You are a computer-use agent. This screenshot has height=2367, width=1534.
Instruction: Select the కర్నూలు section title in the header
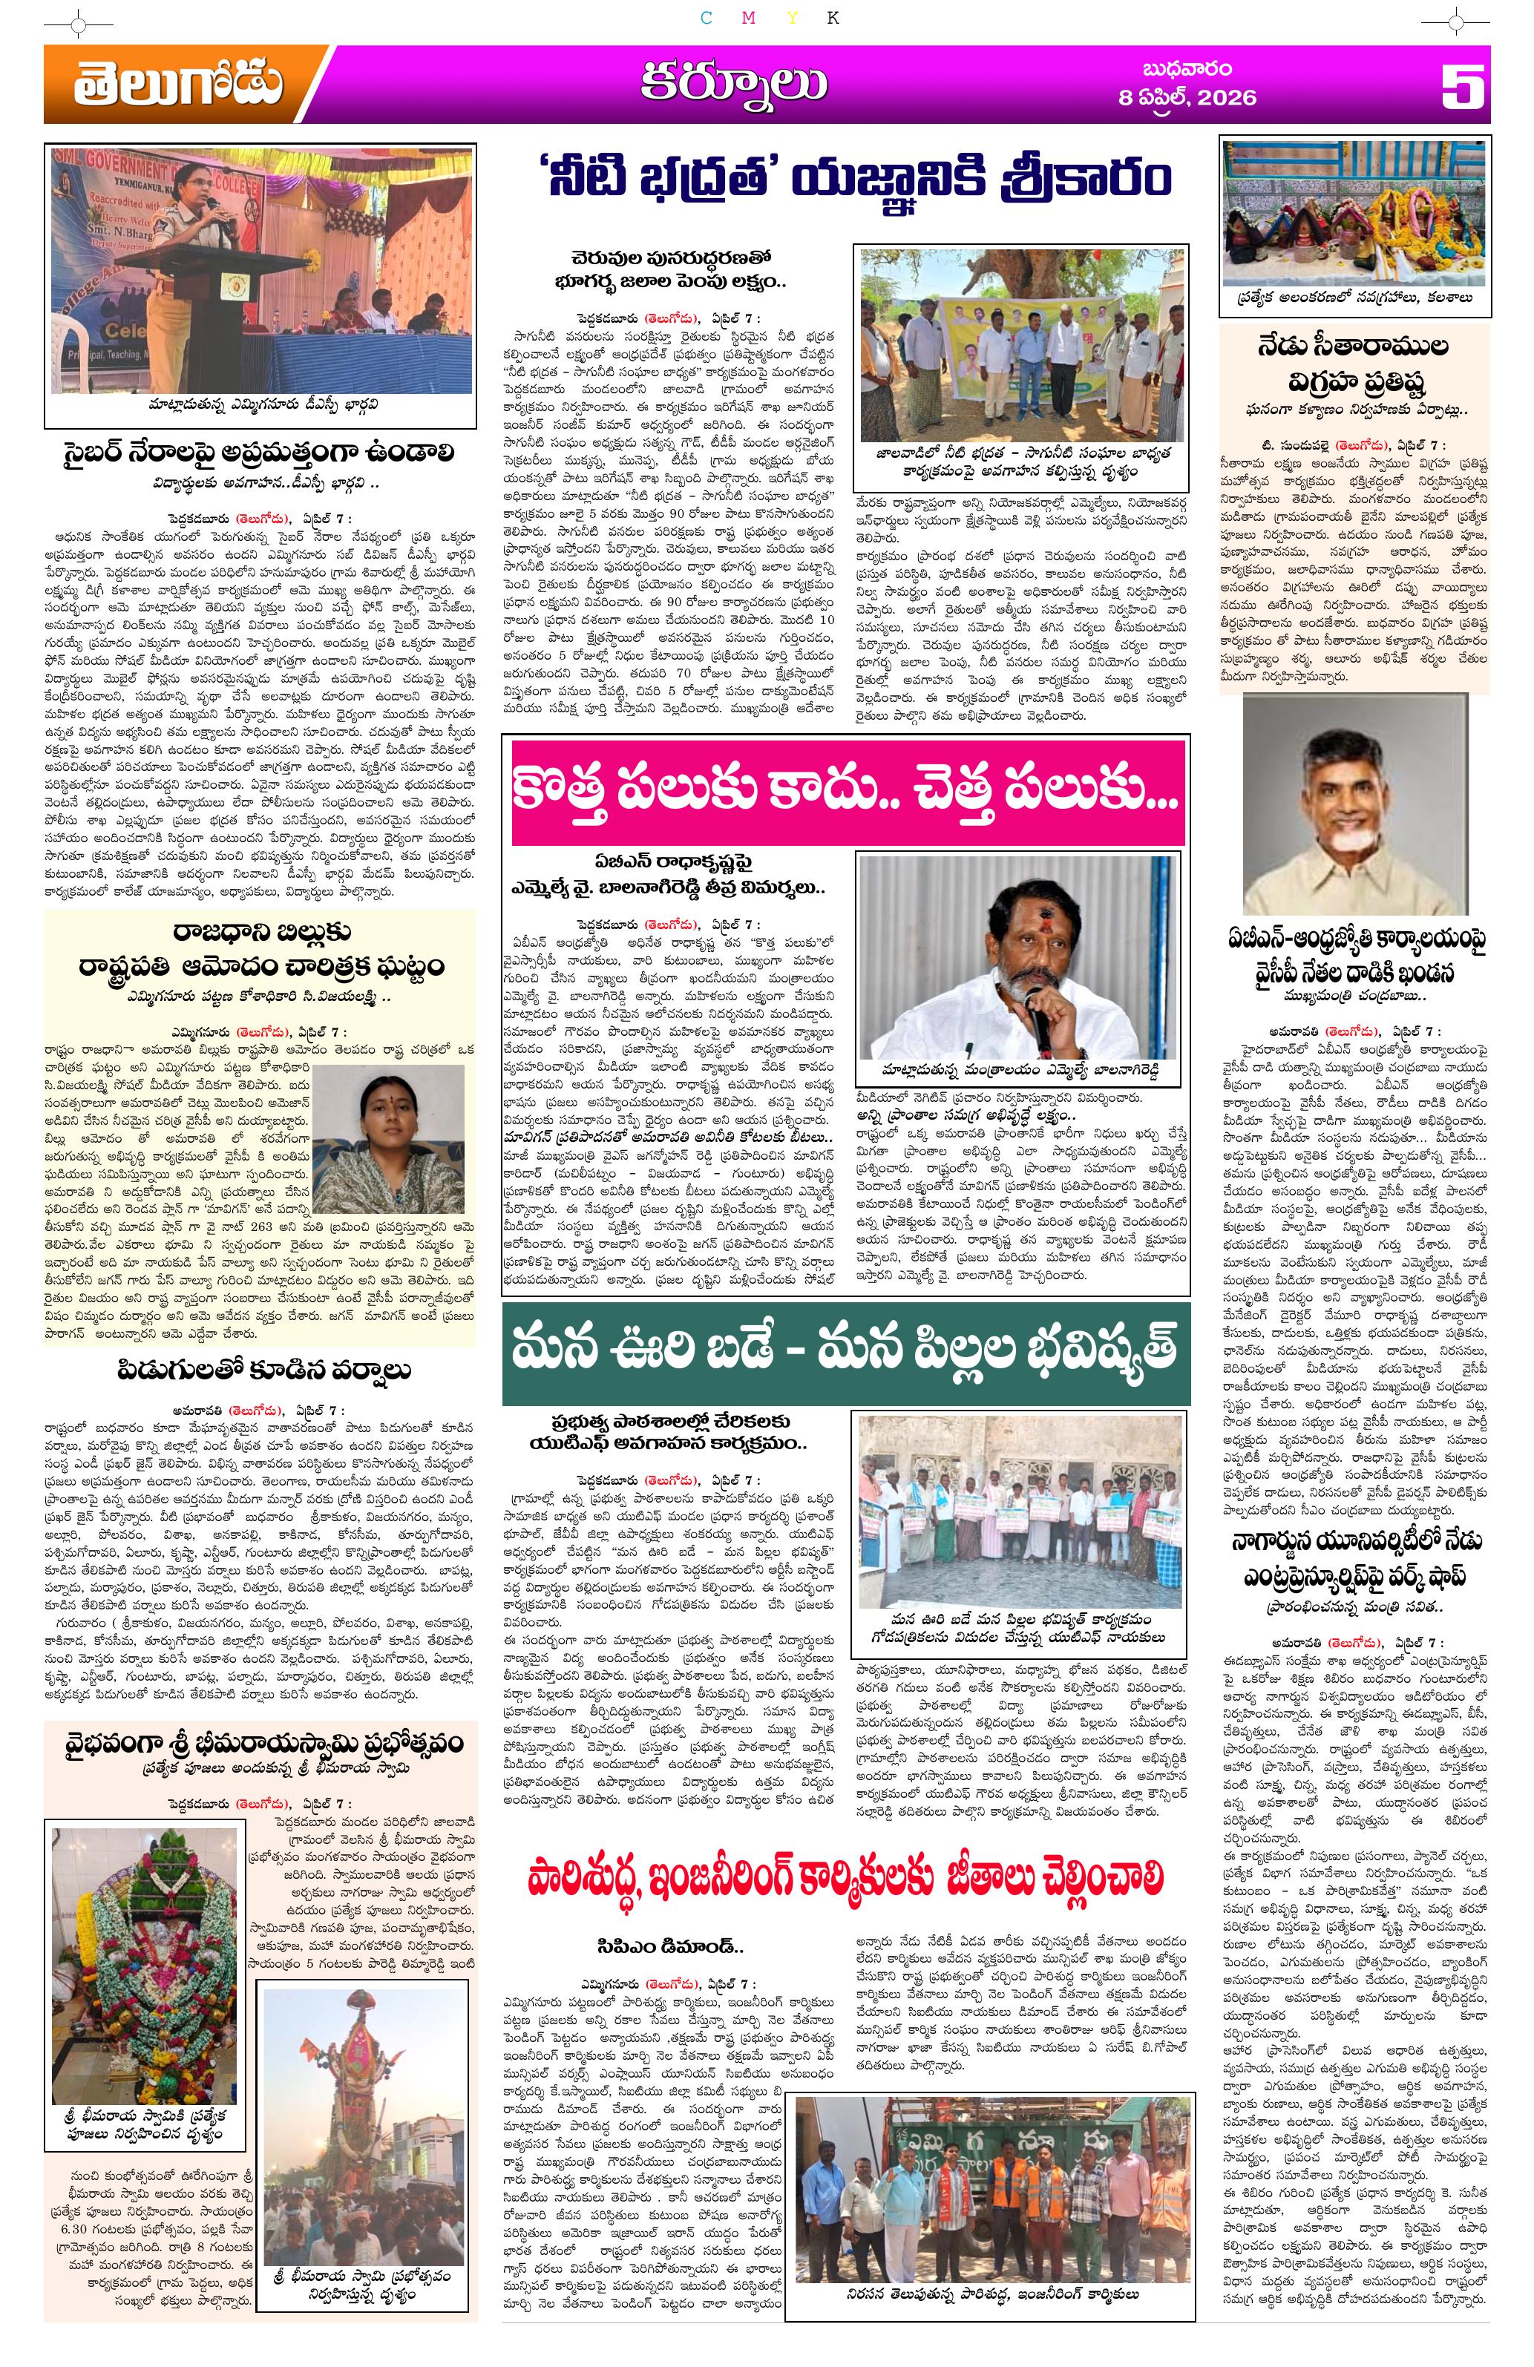(x=731, y=84)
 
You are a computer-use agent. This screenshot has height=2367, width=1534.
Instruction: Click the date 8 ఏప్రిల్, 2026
(x=1184, y=99)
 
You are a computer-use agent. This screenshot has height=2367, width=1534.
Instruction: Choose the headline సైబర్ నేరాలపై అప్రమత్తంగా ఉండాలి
(x=259, y=453)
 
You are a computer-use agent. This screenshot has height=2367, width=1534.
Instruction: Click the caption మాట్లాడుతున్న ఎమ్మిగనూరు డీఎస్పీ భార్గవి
(x=259, y=406)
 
